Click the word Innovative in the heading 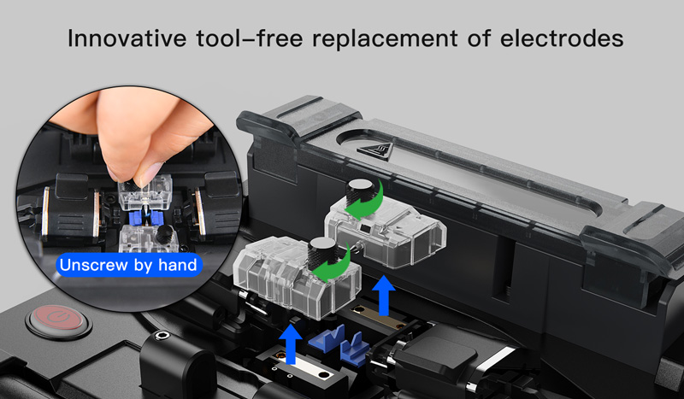pos(127,38)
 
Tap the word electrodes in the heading pos(562,38)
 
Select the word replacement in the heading pos(385,39)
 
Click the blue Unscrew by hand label pos(129,265)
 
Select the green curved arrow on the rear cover pos(367,202)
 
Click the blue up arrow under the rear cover pos(384,296)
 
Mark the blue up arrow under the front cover pos(291,343)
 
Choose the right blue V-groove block pos(355,349)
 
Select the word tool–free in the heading pos(249,38)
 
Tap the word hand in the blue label pos(178,265)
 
